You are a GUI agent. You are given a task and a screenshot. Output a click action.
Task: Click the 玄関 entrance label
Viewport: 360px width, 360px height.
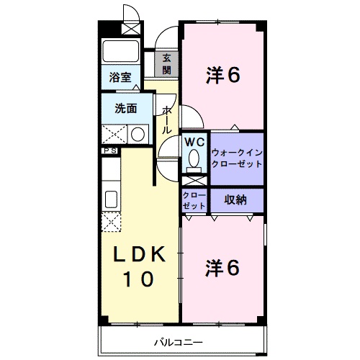pyautogui.click(x=166, y=64)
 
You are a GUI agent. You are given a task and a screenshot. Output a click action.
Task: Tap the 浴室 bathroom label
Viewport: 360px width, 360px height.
pyautogui.click(x=120, y=77)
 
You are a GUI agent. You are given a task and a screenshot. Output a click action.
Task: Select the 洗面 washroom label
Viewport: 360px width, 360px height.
pyautogui.click(x=126, y=109)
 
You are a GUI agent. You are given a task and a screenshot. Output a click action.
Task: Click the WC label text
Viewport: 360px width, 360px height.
pyautogui.click(x=194, y=143)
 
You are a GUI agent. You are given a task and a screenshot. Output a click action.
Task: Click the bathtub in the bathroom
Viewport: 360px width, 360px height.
pyautogui.click(x=120, y=51)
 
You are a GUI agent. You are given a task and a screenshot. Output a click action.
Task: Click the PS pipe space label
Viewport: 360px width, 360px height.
pyautogui.click(x=110, y=150)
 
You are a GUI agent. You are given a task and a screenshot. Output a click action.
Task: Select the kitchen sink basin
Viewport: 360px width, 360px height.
pyautogui.click(x=111, y=199)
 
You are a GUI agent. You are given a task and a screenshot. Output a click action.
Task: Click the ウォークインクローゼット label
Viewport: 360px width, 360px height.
pyautogui.click(x=237, y=158)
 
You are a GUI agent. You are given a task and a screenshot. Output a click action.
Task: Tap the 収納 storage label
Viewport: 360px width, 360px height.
pyautogui.click(x=235, y=199)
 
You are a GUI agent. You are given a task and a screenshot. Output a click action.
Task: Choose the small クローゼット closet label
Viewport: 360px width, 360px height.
pyautogui.click(x=194, y=201)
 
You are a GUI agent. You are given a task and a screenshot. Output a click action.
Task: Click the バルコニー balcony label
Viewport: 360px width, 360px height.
pyautogui.click(x=179, y=342)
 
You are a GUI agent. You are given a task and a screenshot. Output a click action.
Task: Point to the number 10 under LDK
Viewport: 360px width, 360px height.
pyautogui.click(x=138, y=279)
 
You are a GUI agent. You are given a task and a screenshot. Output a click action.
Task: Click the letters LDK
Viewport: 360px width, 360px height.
pyautogui.click(x=139, y=254)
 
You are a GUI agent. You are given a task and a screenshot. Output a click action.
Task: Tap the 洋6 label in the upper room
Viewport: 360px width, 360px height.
pyautogui.click(x=223, y=76)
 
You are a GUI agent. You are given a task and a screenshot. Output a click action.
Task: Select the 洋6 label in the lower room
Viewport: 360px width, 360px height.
pyautogui.click(x=222, y=269)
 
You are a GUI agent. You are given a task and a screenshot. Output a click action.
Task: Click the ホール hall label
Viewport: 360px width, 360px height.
pyautogui.click(x=166, y=120)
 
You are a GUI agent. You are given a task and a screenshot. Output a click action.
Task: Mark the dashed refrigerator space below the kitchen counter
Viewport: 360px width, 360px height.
pyautogui.click(x=111, y=222)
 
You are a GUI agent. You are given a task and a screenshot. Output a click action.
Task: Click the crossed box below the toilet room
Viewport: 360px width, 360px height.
pyautogui.click(x=194, y=181)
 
